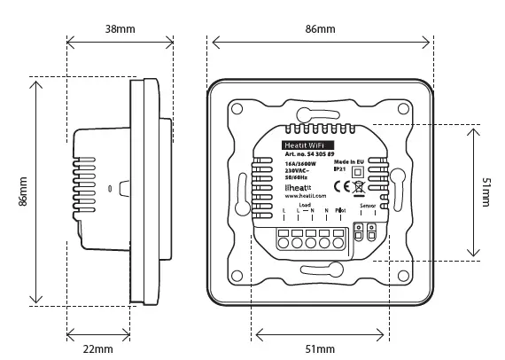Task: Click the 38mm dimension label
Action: pos(120,29)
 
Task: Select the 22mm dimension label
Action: pos(97,349)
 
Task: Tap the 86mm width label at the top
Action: pos(320,29)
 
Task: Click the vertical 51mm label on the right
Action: pos(486,192)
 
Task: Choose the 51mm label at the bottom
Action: pos(320,349)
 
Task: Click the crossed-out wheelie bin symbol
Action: pos(358,186)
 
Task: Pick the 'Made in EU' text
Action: pos(349,164)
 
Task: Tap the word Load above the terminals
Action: pos(305,205)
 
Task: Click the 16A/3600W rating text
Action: pos(299,165)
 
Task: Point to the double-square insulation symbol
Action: pos(359,173)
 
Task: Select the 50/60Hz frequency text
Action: pos(295,179)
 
